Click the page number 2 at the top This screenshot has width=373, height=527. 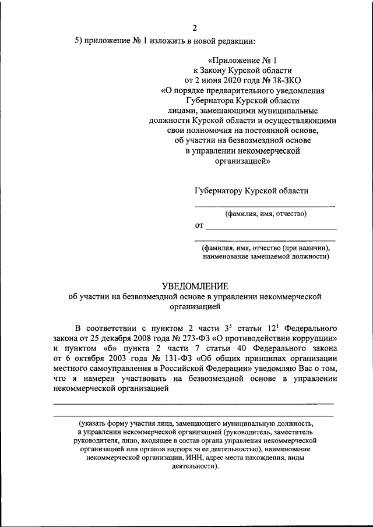pos(195,27)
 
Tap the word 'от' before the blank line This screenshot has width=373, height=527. pos(199,225)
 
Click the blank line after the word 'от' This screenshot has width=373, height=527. pos(271,227)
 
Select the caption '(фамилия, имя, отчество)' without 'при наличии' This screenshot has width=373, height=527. pos(265,213)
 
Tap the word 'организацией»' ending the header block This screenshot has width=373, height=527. pos(244,163)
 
